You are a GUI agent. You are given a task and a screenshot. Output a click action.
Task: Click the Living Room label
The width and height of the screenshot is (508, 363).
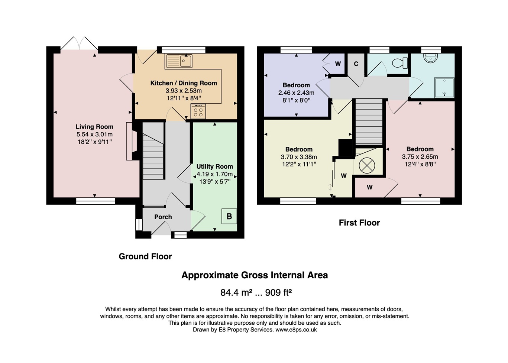(94, 127)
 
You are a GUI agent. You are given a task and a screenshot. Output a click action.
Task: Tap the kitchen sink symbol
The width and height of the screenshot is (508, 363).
(179, 61)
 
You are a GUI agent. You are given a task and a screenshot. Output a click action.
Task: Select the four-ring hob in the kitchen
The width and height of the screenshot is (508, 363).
(198, 111)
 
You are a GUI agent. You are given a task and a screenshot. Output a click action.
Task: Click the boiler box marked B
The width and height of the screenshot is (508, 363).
(229, 216)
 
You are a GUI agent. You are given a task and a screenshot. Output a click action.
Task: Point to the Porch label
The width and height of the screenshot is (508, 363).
(163, 217)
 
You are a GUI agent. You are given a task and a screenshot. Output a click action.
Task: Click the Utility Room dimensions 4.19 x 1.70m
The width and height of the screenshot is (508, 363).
(214, 174)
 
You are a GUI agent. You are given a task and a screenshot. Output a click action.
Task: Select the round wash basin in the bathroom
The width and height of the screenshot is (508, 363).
(430, 58)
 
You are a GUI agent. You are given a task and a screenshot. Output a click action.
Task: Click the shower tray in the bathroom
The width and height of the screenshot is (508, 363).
(444, 87)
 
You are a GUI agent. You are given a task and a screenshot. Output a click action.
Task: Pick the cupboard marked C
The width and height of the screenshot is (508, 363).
(356, 64)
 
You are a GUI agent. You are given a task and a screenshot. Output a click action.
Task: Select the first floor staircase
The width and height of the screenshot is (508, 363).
(369, 121)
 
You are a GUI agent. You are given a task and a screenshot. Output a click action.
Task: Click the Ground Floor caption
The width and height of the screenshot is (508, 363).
(145, 256)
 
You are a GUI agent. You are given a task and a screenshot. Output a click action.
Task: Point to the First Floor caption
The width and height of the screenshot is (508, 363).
(359, 223)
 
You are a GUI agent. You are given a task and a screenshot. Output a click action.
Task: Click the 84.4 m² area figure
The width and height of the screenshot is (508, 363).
(236, 292)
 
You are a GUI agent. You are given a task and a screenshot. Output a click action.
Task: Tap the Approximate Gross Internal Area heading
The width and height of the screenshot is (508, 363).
(254, 275)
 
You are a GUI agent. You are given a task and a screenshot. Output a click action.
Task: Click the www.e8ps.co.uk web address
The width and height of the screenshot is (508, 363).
(296, 330)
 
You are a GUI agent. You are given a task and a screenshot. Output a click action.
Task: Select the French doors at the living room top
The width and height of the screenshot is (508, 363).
(79, 43)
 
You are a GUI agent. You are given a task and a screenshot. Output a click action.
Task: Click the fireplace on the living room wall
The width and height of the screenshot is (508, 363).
(130, 141)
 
